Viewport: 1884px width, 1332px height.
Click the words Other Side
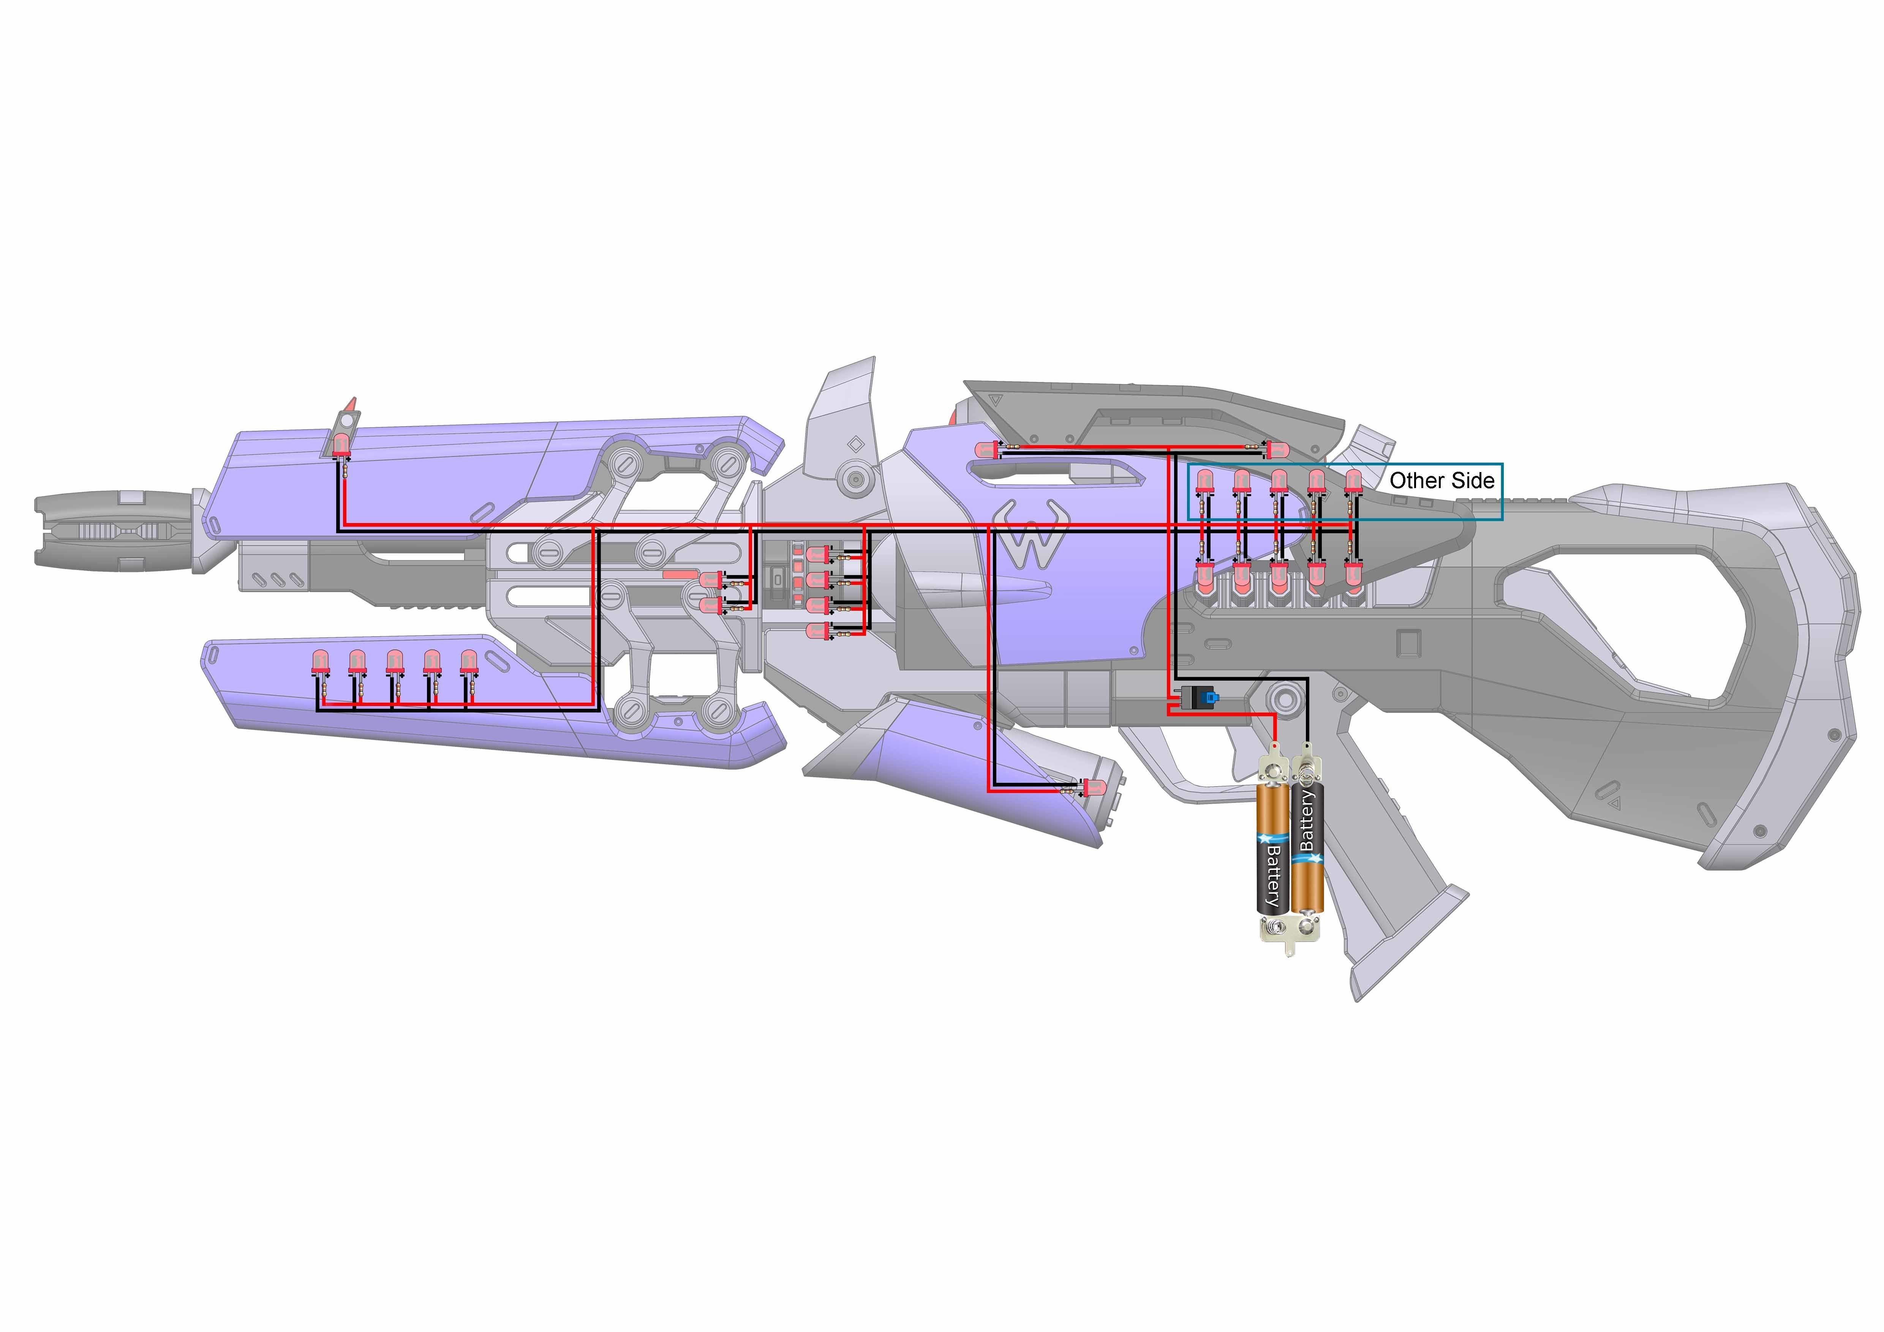[x=1442, y=481]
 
